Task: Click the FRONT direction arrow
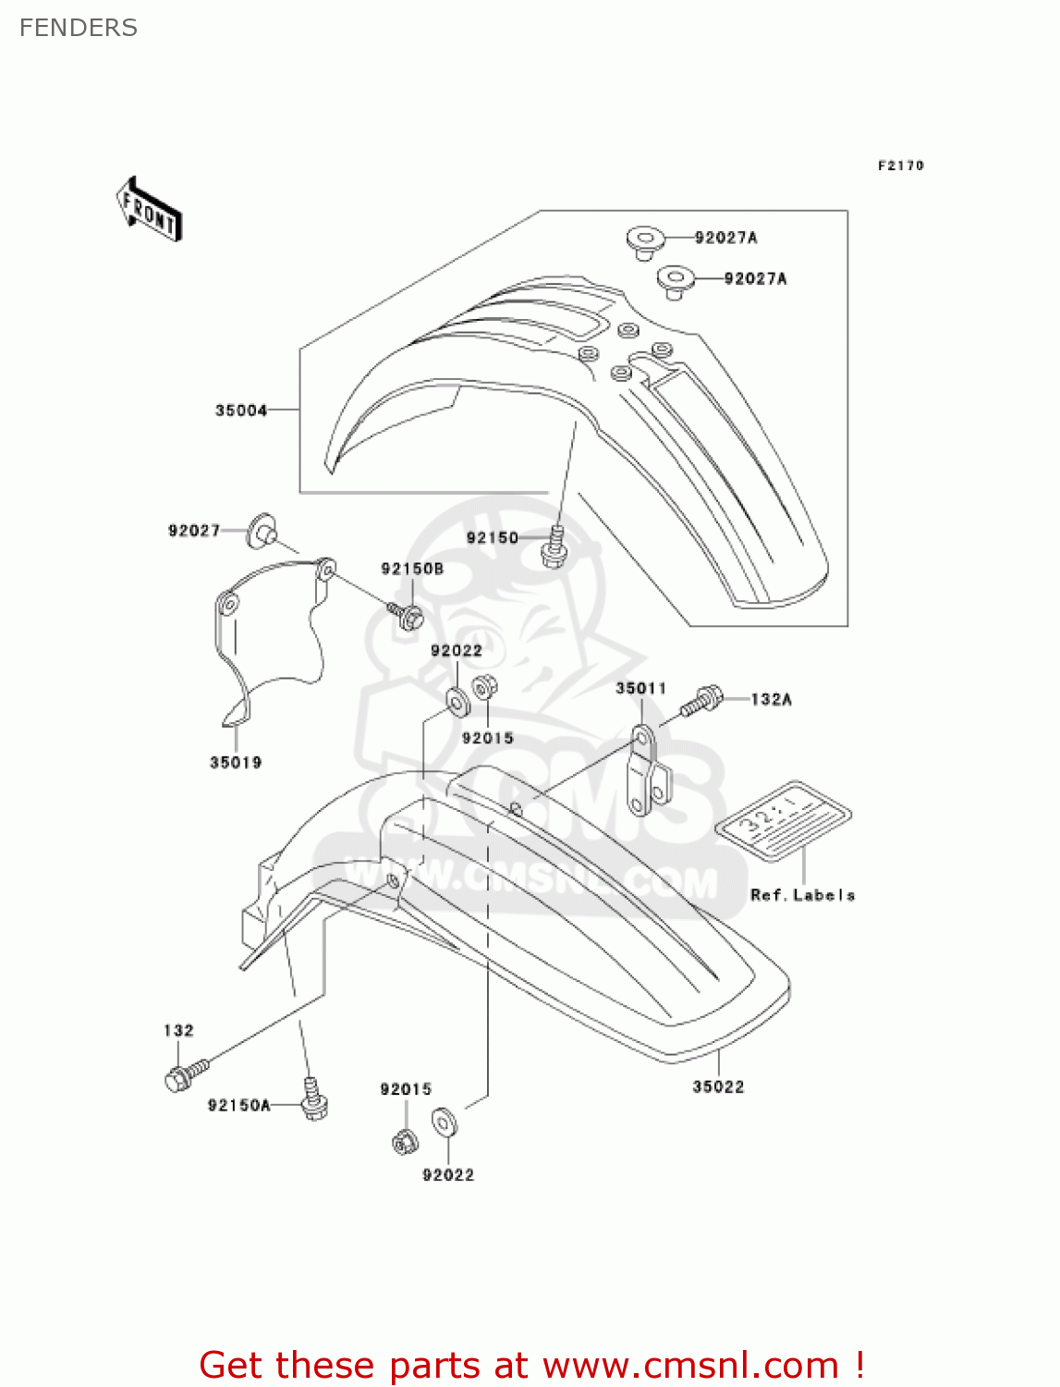[x=149, y=210]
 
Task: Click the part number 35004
[x=241, y=410]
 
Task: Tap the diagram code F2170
[x=900, y=166]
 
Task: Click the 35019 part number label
[x=236, y=762]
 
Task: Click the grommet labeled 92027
[x=262, y=531]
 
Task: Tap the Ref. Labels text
[x=802, y=894]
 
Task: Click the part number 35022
[x=718, y=1086]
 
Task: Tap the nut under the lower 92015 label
[x=404, y=1142]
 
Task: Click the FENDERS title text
[x=79, y=28]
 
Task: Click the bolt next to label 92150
[x=554, y=546]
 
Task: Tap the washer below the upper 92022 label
[x=457, y=702]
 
